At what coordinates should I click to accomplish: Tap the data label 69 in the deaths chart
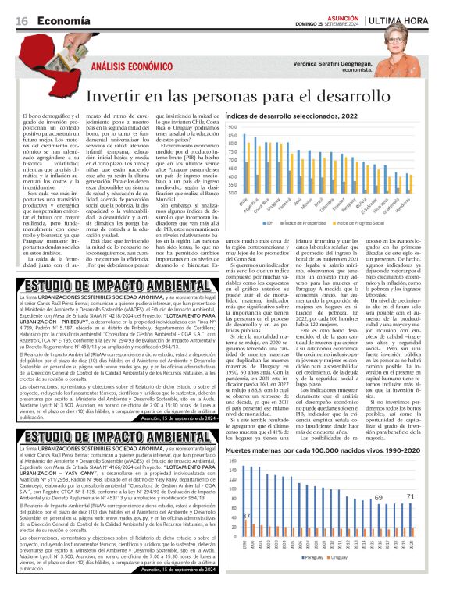point(378,497)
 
